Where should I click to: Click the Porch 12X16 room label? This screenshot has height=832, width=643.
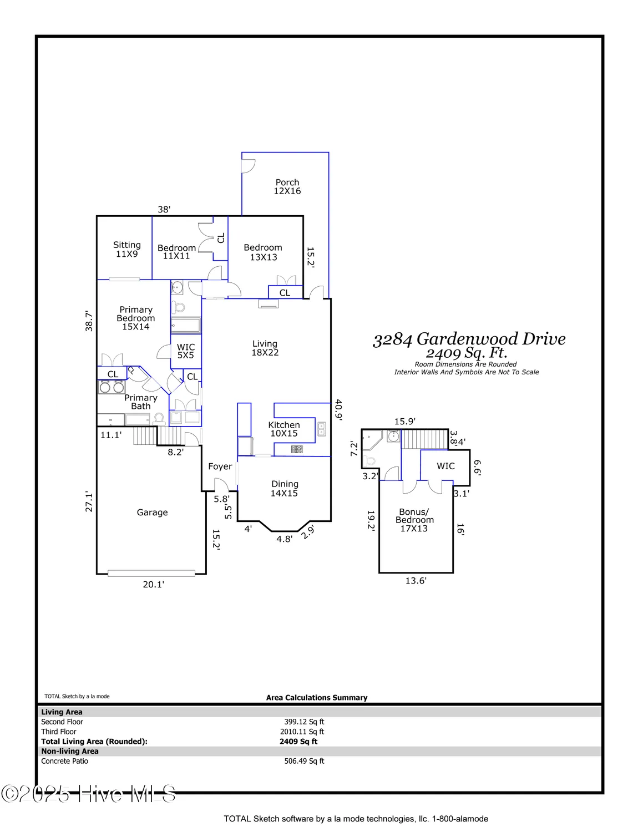287,187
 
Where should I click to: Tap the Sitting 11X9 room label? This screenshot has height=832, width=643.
126,250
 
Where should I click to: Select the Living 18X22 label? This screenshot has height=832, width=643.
265,348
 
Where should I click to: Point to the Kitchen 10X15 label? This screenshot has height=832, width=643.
283,429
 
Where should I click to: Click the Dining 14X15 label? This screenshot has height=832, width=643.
284,489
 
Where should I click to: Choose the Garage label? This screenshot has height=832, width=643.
152,513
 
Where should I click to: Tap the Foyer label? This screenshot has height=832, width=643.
220,466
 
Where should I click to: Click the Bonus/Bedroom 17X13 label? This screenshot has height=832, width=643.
414,520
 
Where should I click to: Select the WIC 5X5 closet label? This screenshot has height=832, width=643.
186,351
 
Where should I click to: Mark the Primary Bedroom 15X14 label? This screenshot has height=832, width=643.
135,318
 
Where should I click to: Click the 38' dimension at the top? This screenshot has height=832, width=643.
164,210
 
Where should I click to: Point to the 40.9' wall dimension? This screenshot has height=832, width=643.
338,409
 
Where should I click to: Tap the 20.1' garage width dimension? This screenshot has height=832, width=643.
153,584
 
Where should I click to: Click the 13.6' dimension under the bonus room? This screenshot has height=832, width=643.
416,581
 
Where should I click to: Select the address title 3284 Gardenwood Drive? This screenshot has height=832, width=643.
469,339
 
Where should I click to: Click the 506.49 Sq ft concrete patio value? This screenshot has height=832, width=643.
304,761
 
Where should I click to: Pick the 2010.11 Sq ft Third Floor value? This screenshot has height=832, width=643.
302,732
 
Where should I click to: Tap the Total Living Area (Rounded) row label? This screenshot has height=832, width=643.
94,742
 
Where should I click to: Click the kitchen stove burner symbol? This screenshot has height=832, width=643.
297,449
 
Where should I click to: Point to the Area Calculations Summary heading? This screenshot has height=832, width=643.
316,698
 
